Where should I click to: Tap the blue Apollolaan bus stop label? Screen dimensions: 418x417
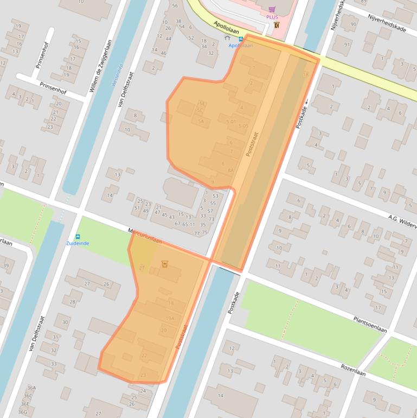click(241, 46)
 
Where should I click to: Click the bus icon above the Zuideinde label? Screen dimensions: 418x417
click(78, 237)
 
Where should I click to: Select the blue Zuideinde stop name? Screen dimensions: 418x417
click(78, 243)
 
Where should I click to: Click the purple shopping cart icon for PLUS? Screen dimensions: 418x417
click(272, 9)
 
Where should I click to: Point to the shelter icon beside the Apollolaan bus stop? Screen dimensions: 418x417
click(227, 38)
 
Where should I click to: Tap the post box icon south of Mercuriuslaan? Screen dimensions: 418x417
click(165, 264)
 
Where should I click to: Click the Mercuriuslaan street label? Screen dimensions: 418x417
click(145, 238)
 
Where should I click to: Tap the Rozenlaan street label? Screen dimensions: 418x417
click(354, 370)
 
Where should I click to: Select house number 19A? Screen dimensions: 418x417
click(170, 318)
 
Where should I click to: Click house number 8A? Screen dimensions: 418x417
click(230, 170)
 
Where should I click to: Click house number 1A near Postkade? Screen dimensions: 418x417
click(305, 74)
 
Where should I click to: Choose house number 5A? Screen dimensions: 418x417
click(201, 121)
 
